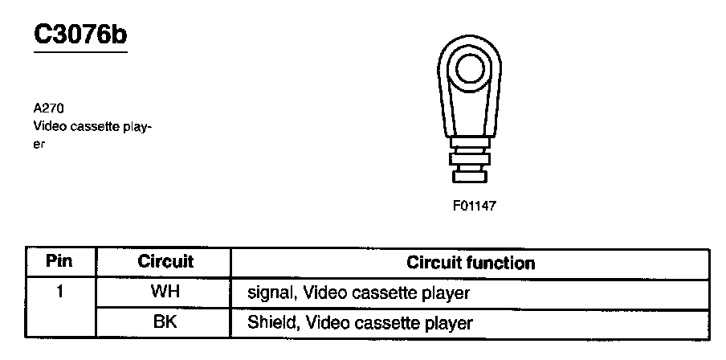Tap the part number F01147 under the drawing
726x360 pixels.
point(475,205)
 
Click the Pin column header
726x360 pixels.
point(59,262)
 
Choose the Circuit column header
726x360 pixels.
point(165,262)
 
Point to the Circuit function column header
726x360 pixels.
point(471,263)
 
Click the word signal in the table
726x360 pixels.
point(271,293)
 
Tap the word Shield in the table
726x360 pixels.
point(268,324)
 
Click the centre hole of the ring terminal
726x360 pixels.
point(467,71)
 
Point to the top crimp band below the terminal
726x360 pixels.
point(467,144)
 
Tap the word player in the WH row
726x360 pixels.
point(447,293)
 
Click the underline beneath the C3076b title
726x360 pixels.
point(80,52)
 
